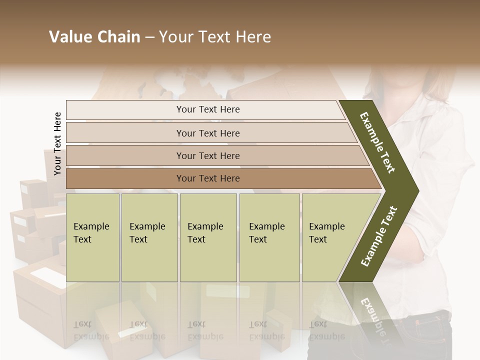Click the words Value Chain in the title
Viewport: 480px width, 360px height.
pyautogui.click(x=94, y=37)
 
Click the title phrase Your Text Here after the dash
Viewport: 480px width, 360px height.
pyautogui.click(x=215, y=37)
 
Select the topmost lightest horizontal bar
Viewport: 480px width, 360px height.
pyautogui.click(x=207, y=109)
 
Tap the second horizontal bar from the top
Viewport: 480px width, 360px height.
pyautogui.click(x=207, y=133)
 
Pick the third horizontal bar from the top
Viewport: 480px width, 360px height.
pyautogui.click(x=207, y=155)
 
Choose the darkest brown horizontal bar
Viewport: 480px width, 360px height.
pyautogui.click(x=207, y=178)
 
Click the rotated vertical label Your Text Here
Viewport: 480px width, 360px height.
pyautogui.click(x=57, y=143)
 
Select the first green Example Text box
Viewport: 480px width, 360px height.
pyautogui.click(x=92, y=237)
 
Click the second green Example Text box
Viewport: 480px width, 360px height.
pyautogui.click(x=149, y=237)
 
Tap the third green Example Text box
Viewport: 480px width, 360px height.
pyautogui.click(x=208, y=237)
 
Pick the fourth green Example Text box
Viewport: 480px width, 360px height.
pyautogui.click(x=269, y=237)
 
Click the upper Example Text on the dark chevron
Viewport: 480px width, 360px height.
pyautogui.click(x=378, y=142)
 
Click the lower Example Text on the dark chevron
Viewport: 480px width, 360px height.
pyautogui.click(x=379, y=236)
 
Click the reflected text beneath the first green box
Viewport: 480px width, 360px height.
pyautogui.click(x=91, y=330)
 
